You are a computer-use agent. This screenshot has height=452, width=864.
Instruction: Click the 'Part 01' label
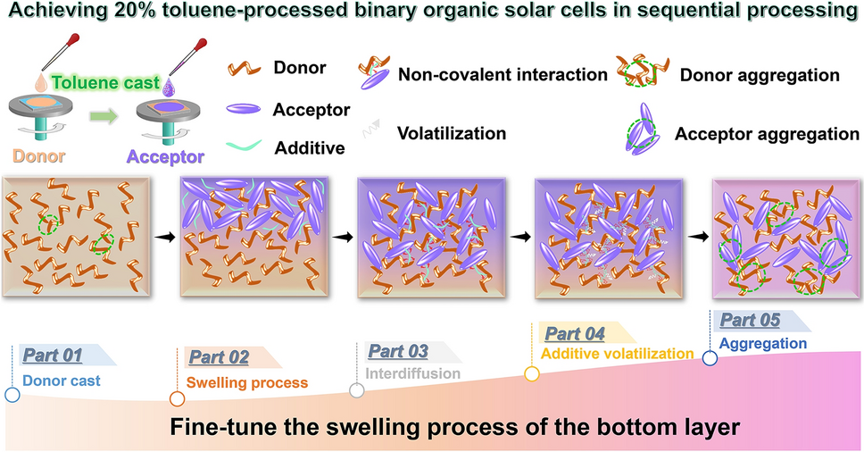click(x=53, y=356)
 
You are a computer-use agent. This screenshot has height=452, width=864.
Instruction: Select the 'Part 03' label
click(x=398, y=351)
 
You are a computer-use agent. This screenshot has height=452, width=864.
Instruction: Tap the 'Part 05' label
click(x=750, y=320)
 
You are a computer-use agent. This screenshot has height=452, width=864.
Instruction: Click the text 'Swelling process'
click(x=247, y=382)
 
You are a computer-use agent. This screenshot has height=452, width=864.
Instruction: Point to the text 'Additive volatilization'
click(x=617, y=354)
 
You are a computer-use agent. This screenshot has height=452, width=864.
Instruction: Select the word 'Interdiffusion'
click(x=412, y=373)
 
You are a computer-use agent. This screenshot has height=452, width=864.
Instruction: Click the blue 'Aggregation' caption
click(x=763, y=343)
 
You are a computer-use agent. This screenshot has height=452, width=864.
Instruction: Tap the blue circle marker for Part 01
click(x=12, y=395)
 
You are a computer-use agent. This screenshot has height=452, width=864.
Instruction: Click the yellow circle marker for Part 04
click(x=532, y=374)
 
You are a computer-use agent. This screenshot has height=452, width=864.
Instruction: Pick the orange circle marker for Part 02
click(x=177, y=398)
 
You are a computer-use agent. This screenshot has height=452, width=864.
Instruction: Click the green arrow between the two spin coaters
click(x=104, y=117)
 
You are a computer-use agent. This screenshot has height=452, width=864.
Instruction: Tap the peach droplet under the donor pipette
click(x=41, y=83)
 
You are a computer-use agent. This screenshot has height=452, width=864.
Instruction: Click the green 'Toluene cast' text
click(x=105, y=83)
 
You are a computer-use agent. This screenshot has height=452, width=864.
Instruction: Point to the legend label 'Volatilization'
click(x=452, y=133)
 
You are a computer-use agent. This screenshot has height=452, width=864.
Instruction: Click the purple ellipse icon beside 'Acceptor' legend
click(x=244, y=109)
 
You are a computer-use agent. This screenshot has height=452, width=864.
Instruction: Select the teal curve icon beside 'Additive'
click(x=244, y=146)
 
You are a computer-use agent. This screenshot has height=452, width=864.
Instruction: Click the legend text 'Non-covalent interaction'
click(x=503, y=74)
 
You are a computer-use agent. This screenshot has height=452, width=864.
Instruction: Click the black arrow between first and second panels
click(x=165, y=237)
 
